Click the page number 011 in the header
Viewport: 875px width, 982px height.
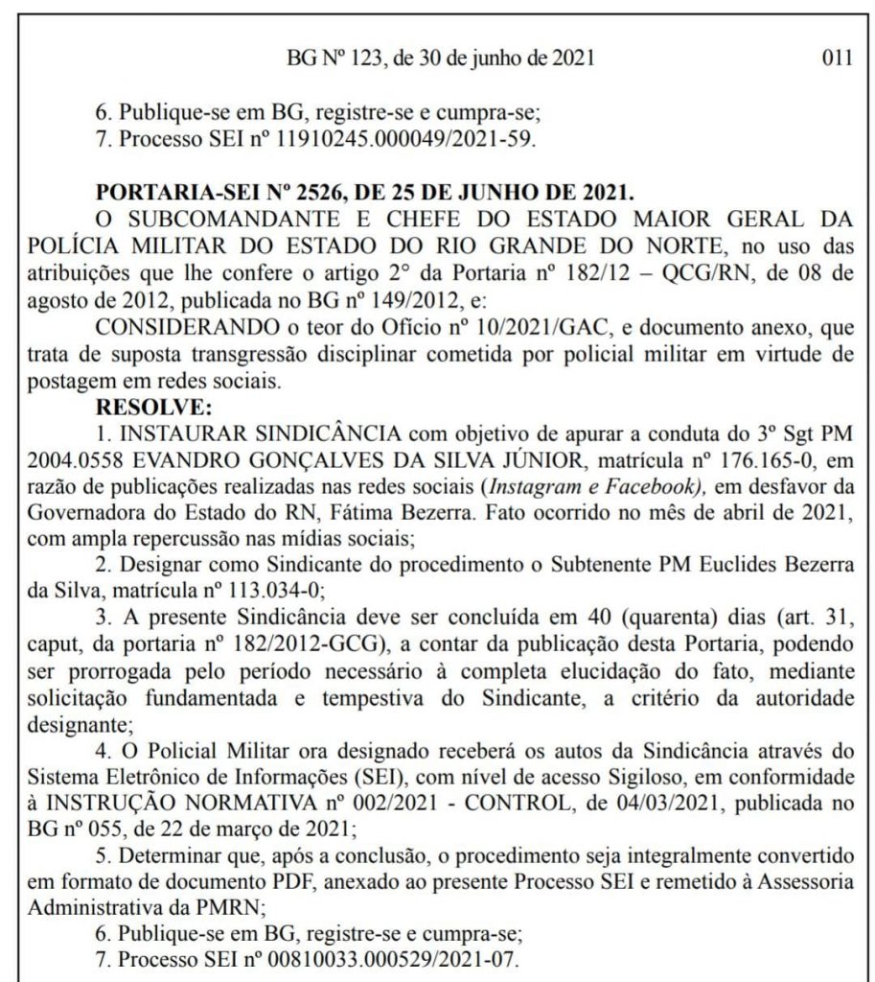point(838,58)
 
